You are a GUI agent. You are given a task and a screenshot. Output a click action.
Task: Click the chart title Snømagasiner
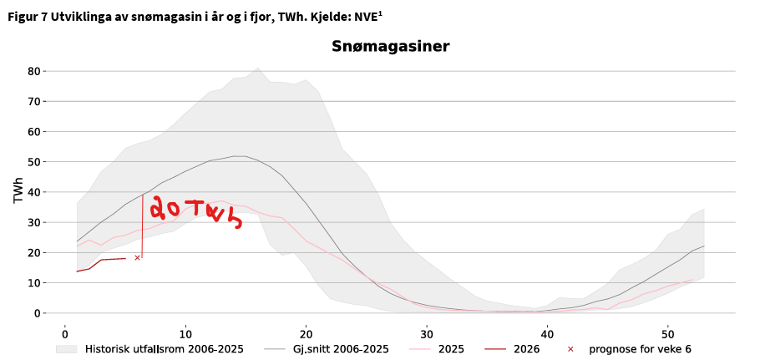coord(391,47)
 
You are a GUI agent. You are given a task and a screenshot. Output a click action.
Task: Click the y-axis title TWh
coord(18,190)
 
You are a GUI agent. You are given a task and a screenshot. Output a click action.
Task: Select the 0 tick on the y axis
coord(38,313)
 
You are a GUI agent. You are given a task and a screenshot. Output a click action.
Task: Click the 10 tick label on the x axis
coord(185,331)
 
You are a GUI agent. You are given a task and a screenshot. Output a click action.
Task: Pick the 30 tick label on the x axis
coord(426,331)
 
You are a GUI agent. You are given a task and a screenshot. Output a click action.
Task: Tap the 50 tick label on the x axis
coord(667,331)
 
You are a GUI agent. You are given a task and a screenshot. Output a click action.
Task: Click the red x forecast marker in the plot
coord(137,258)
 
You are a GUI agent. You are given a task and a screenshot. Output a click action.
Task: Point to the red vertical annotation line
coord(142,226)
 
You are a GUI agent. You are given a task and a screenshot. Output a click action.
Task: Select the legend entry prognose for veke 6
coord(640,349)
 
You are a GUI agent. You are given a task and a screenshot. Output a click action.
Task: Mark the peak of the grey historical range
coord(257,69)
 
